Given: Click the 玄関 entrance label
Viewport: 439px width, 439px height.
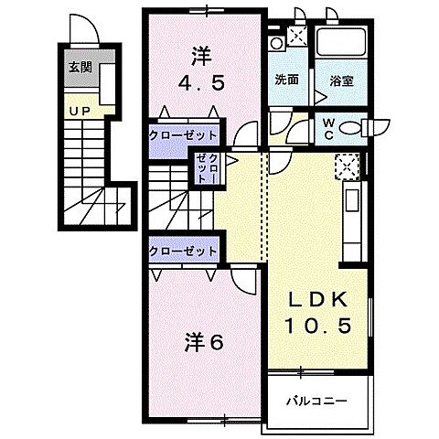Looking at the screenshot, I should [79, 67].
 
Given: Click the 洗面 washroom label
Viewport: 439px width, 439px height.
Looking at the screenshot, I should [287, 80].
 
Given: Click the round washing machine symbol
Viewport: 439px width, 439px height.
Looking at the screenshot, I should [276, 43].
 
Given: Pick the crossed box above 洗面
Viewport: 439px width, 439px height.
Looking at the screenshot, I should [297, 37].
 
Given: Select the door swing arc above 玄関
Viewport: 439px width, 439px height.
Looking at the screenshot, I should [80, 34].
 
